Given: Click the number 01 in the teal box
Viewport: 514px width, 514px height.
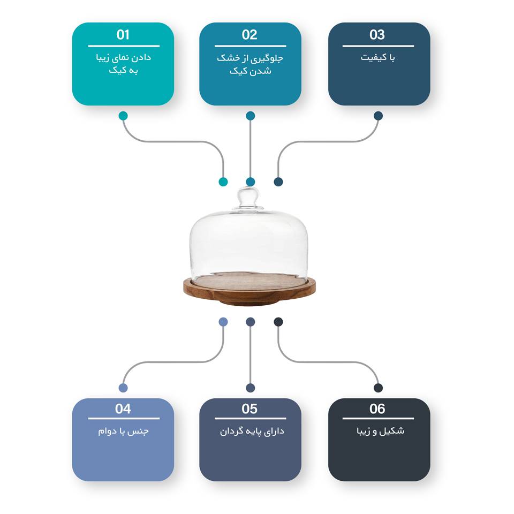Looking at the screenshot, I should point(123,35).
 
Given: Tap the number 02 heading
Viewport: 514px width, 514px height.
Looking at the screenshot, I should point(250,35).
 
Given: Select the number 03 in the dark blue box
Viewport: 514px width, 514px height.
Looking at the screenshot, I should point(377,35).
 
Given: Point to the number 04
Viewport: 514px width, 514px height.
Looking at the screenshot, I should point(123,409).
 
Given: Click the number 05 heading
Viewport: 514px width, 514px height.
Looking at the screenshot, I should point(250,409).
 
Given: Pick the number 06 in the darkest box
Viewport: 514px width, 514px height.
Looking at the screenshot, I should point(377,409).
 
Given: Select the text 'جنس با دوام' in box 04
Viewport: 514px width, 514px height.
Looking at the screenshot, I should point(123,431).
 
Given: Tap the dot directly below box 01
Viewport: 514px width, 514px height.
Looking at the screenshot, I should point(123,116).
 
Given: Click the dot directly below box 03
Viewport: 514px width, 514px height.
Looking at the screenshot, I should point(378,116).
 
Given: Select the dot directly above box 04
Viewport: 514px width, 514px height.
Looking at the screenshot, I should point(123,388).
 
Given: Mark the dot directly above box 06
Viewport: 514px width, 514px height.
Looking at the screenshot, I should point(378,388).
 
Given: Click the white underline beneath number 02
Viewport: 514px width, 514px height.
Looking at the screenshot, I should point(251,46).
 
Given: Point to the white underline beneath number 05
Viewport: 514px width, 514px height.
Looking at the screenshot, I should point(251,419).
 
